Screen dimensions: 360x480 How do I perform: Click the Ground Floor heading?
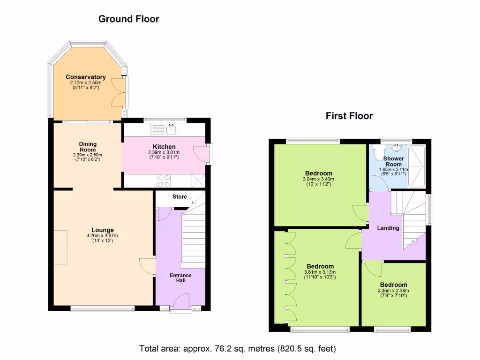(128, 19)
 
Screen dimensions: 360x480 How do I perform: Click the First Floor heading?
(349, 116)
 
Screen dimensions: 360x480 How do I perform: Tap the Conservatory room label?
(85, 77)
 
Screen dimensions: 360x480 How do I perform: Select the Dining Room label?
(88, 147)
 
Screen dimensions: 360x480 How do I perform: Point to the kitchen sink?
(172, 128)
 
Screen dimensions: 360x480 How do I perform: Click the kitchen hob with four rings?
(164, 180)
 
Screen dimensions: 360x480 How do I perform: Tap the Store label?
(179, 196)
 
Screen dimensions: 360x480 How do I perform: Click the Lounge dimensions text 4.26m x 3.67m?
(102, 236)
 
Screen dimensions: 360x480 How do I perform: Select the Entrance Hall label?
(180, 277)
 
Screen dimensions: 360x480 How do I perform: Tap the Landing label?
(388, 228)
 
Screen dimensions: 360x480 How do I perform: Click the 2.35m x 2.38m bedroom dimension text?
(393, 290)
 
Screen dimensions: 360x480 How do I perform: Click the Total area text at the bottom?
(238, 349)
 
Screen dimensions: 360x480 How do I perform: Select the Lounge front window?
(102, 308)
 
